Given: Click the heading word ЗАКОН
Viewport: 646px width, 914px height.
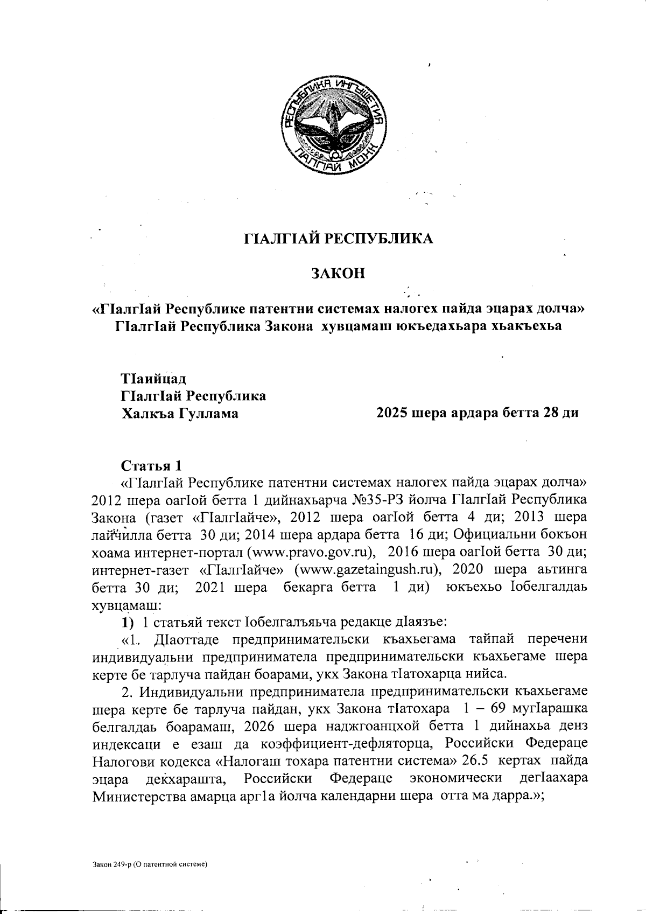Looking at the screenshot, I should pos(339,273).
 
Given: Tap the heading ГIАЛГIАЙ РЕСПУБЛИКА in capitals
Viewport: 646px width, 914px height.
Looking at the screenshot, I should pos(339,239).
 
